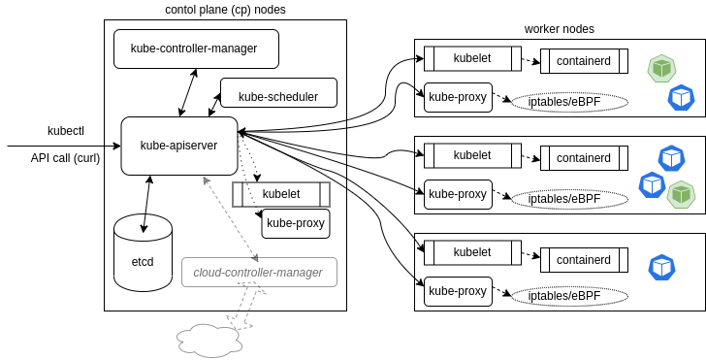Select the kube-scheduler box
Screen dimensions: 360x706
tap(278, 96)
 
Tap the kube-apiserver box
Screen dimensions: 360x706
tap(178, 146)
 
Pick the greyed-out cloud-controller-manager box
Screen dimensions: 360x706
tap(258, 273)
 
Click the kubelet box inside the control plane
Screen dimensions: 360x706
tap(281, 194)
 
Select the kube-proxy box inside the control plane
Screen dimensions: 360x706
tap(296, 223)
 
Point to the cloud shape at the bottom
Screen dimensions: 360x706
tap(208, 340)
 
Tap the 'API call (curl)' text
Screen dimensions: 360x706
tap(65, 158)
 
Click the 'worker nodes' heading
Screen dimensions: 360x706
tap(560, 30)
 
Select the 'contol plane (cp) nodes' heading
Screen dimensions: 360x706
tap(225, 10)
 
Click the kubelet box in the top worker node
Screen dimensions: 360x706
tap(472, 58)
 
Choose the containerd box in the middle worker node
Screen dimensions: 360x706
tap(584, 157)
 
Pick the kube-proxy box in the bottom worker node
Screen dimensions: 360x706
tap(458, 290)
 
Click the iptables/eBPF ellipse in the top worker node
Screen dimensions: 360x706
tap(570, 102)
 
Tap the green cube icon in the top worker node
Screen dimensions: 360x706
tap(661, 68)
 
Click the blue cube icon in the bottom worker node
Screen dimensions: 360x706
tap(661, 266)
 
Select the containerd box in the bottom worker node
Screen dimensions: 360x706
tap(584, 260)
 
